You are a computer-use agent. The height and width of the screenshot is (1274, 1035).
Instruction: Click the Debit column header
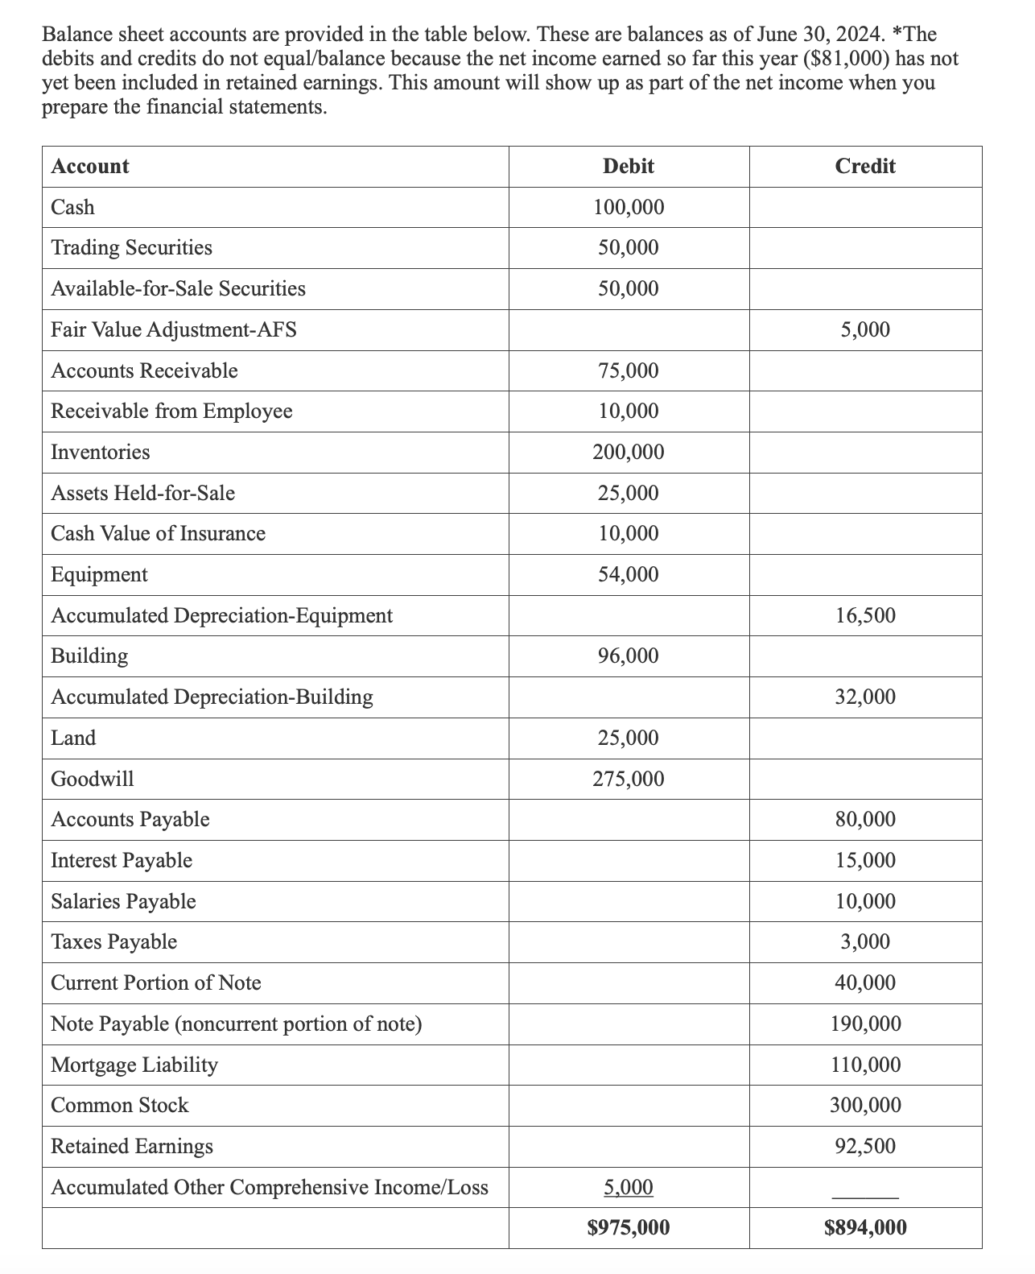point(628,167)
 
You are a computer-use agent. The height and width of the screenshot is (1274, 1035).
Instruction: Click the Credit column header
point(864,167)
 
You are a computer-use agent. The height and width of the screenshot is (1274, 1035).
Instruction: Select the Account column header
point(89,167)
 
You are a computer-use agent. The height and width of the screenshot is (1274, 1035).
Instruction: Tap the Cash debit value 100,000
point(628,208)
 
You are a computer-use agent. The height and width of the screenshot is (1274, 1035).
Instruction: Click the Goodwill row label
point(92,779)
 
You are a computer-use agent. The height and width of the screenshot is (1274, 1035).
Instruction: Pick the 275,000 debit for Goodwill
point(628,779)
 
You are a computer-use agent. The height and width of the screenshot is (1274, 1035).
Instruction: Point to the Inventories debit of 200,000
point(628,453)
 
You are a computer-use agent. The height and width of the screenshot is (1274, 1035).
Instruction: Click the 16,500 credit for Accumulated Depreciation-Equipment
point(864,616)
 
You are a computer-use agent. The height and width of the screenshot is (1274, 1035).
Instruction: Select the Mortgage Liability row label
point(134,1065)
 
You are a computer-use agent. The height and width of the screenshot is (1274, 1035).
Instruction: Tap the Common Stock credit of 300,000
point(864,1105)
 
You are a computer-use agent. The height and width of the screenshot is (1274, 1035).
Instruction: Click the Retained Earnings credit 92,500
point(864,1146)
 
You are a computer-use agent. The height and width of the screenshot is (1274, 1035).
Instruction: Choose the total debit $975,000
point(628,1227)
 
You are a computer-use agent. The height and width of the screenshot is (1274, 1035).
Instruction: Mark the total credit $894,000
point(864,1227)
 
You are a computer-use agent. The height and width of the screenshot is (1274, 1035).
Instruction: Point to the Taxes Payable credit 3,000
point(864,941)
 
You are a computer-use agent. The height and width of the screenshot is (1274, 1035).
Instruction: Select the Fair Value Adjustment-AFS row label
point(173,329)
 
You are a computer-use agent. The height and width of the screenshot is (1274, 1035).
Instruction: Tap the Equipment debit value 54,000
point(628,575)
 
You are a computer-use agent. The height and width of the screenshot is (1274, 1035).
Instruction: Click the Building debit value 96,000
point(628,656)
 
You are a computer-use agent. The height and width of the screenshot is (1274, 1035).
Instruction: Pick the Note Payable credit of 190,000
point(864,1024)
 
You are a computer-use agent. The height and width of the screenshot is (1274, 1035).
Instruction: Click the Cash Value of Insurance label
point(158,534)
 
